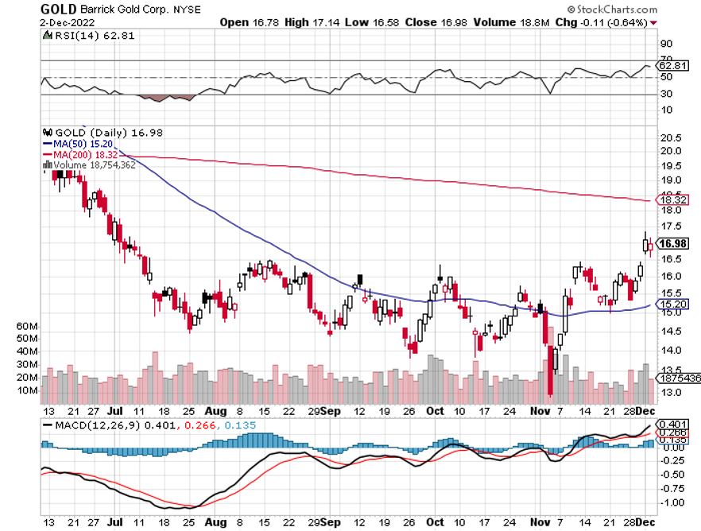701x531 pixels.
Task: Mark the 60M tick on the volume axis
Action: [27, 326]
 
